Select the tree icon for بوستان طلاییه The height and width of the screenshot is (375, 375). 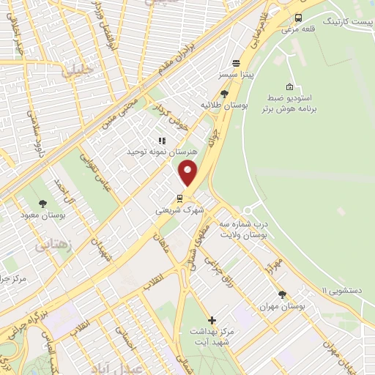(223, 94)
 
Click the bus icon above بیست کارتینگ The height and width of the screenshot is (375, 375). (298, 18)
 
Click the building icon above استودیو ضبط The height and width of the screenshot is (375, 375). (290, 86)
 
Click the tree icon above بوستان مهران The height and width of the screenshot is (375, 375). (283, 294)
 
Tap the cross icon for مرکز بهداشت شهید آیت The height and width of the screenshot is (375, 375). (212, 320)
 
